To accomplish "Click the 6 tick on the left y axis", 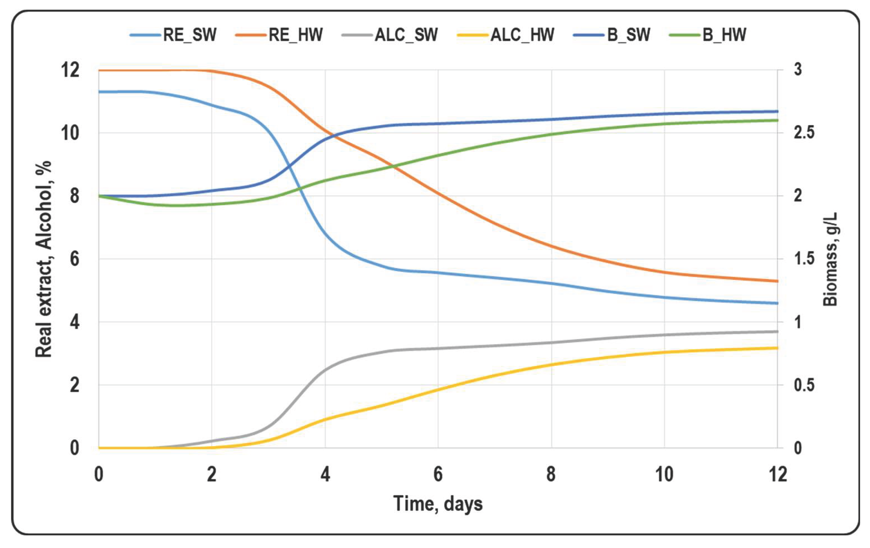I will tap(74, 259).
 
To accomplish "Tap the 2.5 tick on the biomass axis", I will tap(804, 133).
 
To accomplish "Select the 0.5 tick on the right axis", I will tap(804, 385).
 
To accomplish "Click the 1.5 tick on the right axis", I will tap(804, 259).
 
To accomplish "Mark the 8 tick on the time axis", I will tap(551, 474).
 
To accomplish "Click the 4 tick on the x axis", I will tap(325, 474).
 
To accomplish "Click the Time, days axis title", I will tap(438, 504).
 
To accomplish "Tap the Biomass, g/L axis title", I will tap(831, 259).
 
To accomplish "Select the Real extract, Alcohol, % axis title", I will tap(44, 259).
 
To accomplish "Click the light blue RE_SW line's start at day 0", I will tap(99, 92).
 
